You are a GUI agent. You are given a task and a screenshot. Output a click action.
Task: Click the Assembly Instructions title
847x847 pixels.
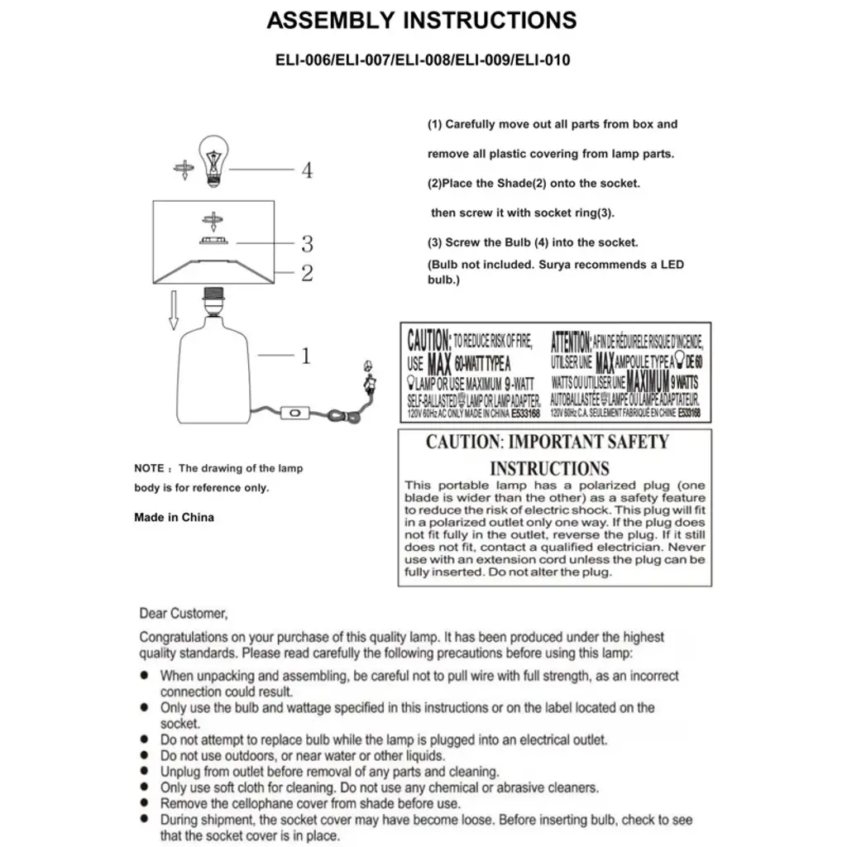pyautogui.click(x=422, y=21)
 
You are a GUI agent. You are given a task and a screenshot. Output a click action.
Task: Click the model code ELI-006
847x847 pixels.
pyautogui.click(x=303, y=60)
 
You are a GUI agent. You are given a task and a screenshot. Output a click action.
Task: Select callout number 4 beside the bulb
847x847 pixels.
pyautogui.click(x=307, y=171)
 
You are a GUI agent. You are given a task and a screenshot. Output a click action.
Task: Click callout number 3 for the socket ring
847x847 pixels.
pyautogui.click(x=307, y=244)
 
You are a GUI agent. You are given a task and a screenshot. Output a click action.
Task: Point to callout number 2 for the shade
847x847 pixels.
pyautogui.click(x=307, y=273)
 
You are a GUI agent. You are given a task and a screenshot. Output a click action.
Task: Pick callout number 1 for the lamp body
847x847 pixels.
pyautogui.click(x=305, y=357)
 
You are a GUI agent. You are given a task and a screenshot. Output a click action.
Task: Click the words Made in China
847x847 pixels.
pyautogui.click(x=174, y=518)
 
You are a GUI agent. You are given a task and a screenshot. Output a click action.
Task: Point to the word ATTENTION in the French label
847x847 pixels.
pyautogui.click(x=571, y=341)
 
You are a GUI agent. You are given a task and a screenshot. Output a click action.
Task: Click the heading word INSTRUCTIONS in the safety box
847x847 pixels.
pyautogui.click(x=549, y=468)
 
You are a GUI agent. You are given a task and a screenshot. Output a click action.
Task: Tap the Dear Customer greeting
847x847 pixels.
pyautogui.click(x=182, y=614)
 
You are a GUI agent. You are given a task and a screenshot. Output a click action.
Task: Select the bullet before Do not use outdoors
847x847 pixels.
pyautogui.click(x=145, y=756)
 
